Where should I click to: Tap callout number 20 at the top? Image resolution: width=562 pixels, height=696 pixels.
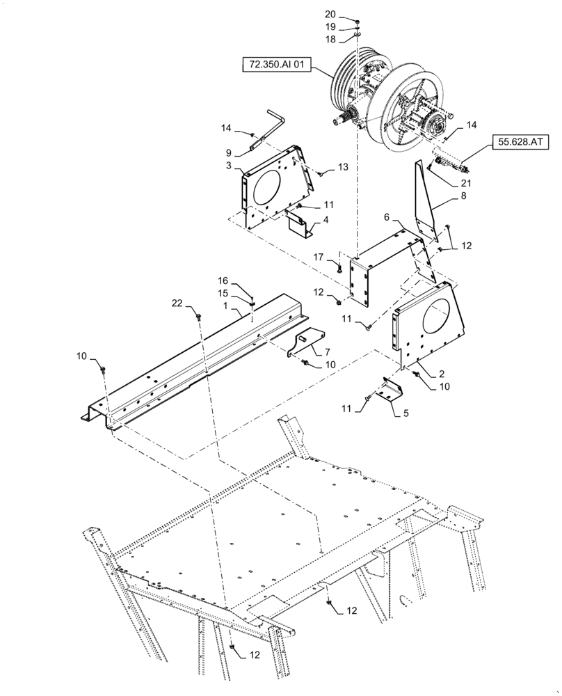click(x=330, y=15)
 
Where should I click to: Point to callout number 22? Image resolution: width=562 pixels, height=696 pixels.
click(x=178, y=303)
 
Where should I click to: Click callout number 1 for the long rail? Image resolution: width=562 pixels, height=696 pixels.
click(x=225, y=306)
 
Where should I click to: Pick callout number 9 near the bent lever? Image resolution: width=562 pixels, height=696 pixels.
click(x=227, y=152)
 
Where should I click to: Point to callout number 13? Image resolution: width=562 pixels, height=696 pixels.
click(x=342, y=167)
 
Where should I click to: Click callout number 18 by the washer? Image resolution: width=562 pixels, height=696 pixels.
click(x=330, y=40)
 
